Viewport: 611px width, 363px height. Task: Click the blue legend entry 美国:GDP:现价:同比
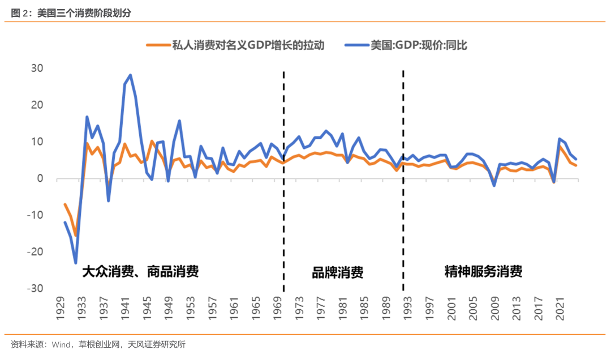tap(418, 46)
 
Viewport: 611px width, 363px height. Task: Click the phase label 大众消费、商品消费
tap(140, 271)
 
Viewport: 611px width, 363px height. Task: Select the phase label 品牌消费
tap(337, 273)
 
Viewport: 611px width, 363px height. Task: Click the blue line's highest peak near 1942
tap(130, 75)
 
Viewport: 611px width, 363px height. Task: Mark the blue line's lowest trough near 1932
tap(76, 263)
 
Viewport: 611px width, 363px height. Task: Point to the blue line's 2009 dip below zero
tap(494, 185)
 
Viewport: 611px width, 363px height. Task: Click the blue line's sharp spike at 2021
tap(560, 139)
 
